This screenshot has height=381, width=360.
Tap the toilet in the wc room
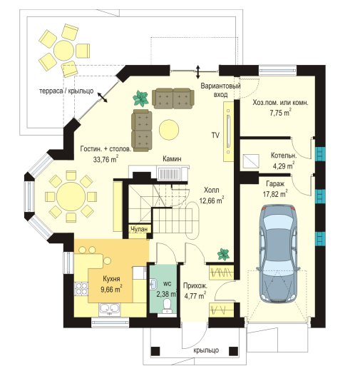point(167,305)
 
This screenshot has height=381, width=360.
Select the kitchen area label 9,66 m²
point(111,290)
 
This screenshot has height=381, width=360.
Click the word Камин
point(172,159)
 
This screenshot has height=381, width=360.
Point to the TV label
point(215,136)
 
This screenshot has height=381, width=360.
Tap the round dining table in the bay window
point(71,197)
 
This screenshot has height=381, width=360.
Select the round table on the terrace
point(64,50)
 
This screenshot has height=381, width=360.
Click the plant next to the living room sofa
point(140,98)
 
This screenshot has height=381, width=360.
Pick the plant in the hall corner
point(223,255)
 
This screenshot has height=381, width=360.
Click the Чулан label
point(139,229)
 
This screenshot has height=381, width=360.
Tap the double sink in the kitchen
point(110,310)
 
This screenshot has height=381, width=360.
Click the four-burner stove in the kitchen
point(81,288)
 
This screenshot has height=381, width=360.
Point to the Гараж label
point(275,184)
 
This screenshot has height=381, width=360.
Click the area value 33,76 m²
point(106,159)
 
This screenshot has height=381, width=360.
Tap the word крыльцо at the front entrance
point(206,350)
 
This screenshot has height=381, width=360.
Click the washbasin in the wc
point(154,284)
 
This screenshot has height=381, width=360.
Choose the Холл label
point(212,190)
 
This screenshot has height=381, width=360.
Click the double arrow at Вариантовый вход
point(198,71)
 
